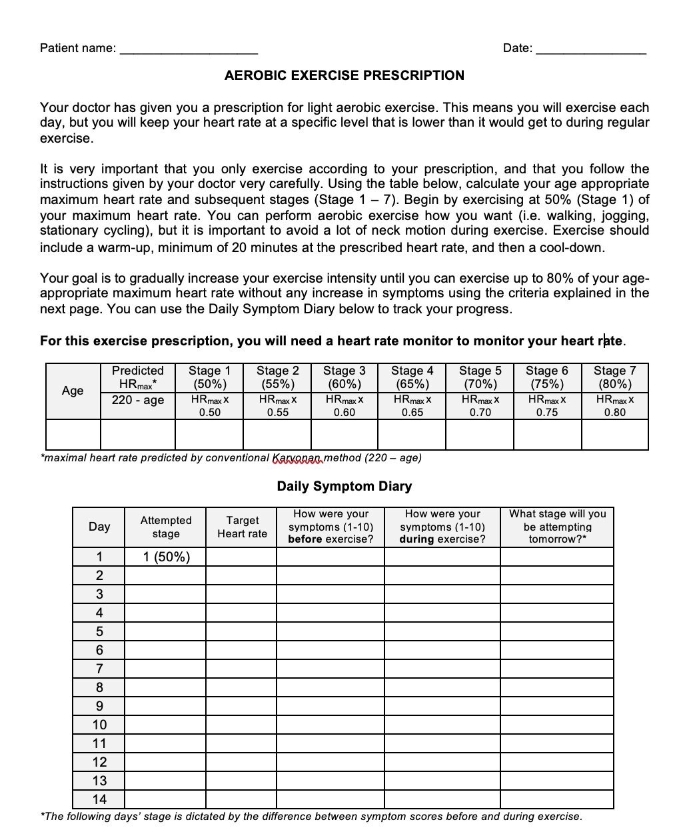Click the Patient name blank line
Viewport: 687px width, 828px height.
189,49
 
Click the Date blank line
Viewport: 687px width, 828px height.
590,49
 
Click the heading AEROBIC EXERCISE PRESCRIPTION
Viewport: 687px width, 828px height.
344,75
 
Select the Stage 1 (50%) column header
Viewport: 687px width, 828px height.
209,377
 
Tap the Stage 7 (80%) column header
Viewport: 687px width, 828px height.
614,377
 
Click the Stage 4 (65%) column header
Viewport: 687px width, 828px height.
412,377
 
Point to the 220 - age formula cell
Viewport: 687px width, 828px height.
138,400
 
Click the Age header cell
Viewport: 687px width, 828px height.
73,391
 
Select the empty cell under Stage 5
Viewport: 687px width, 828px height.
479,435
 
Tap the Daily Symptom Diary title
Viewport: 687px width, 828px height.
344,486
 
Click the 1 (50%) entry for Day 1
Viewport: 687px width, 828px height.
166,557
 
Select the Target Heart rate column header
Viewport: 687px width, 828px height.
242,527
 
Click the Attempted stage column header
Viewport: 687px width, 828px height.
166,527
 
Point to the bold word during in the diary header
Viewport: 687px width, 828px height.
417,539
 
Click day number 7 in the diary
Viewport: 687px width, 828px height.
99,669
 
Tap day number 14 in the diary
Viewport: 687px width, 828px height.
99,799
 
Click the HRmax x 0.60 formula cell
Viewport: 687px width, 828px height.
344,405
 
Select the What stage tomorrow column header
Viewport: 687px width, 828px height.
557,527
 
